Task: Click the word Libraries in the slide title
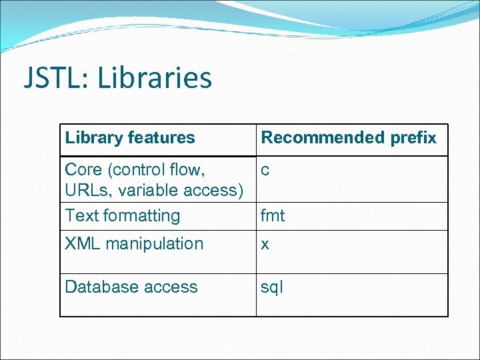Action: tap(155, 78)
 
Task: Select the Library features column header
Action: tap(130, 138)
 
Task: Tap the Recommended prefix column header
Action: tap(349, 138)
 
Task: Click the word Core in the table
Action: tap(83, 170)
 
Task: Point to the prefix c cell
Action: tap(265, 171)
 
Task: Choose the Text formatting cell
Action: tap(123, 216)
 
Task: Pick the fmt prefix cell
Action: tap(273, 216)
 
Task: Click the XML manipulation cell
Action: tap(134, 244)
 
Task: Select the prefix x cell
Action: tap(265, 245)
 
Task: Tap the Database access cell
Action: tap(131, 287)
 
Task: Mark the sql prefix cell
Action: tap(272, 287)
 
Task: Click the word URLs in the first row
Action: tap(90, 191)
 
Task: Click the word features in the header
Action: tap(162, 138)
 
